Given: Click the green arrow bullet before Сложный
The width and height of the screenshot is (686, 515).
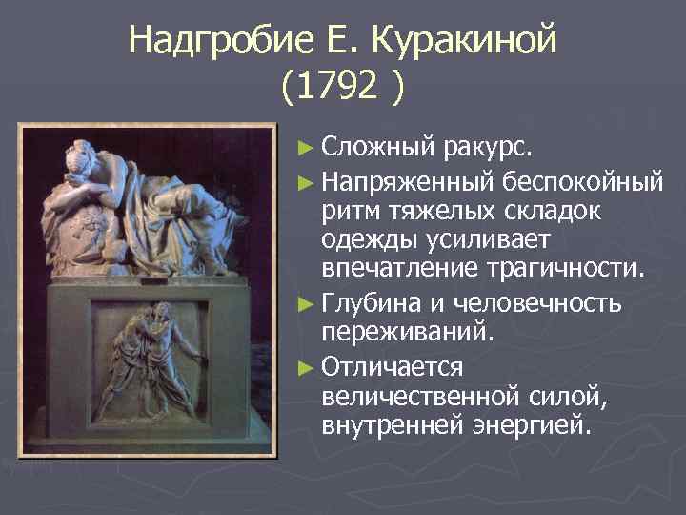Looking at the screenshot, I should click(x=305, y=149).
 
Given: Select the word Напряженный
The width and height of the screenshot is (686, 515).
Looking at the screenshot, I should click(x=408, y=180).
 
